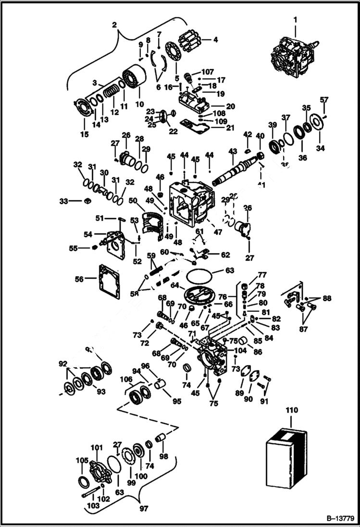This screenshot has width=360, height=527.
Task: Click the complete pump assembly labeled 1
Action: (x=292, y=54)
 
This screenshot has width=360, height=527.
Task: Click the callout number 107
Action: (x=208, y=73)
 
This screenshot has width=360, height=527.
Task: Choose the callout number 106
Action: (x=126, y=379)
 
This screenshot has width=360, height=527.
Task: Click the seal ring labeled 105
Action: (x=82, y=481)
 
